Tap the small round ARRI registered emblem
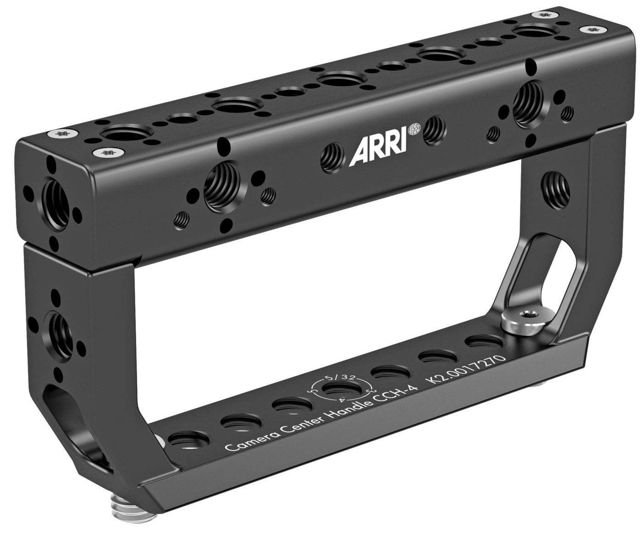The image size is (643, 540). (x=414, y=128)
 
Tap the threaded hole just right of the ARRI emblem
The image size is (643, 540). (x=434, y=130)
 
